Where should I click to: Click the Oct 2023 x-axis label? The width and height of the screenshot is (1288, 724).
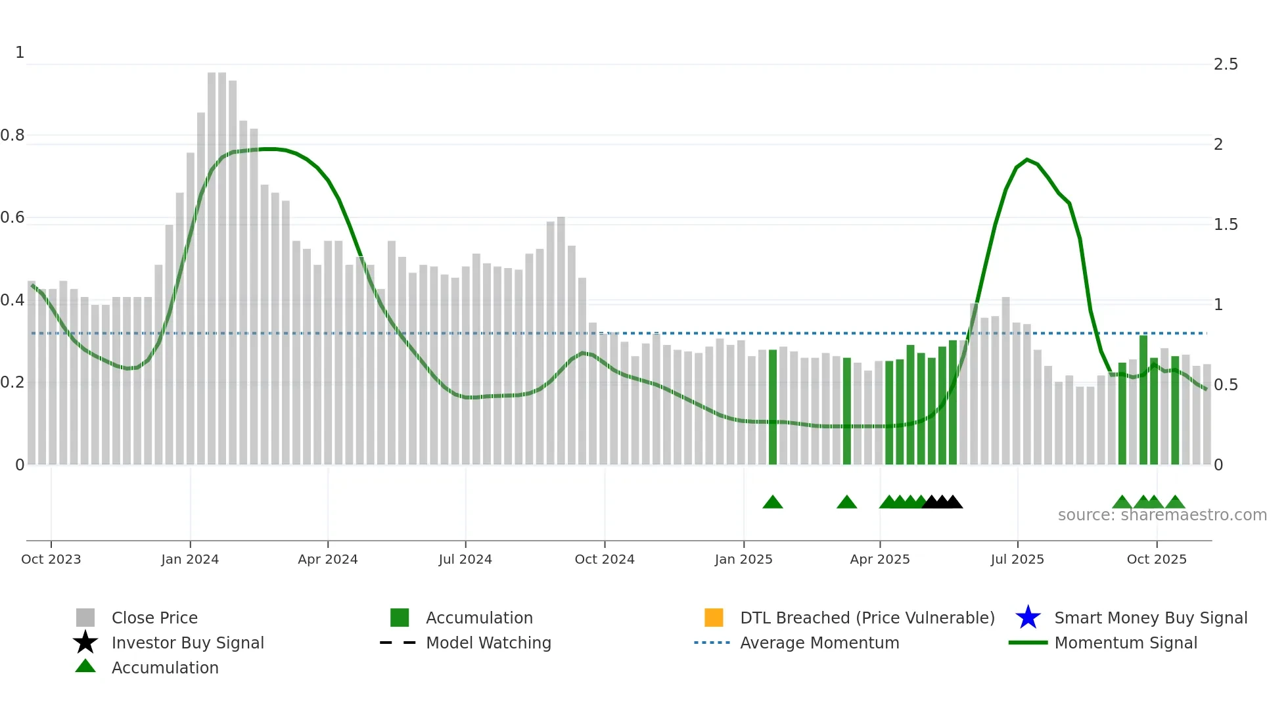(x=51, y=559)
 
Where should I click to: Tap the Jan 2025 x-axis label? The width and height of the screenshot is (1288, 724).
(x=743, y=559)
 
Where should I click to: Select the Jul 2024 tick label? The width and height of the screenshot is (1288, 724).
(x=465, y=559)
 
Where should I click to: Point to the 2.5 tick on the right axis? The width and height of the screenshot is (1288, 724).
(x=1226, y=64)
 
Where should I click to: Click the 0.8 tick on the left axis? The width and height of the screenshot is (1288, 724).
(x=12, y=135)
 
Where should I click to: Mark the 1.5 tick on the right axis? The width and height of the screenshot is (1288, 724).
(x=1226, y=225)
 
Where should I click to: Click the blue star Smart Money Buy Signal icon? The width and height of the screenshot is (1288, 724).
(x=1028, y=618)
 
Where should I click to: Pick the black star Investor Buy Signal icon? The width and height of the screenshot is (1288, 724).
(x=85, y=643)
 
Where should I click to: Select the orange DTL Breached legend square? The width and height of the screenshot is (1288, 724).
(x=714, y=618)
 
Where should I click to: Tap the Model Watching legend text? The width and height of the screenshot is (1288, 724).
(x=488, y=643)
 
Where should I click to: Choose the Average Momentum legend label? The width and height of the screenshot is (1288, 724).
(x=819, y=643)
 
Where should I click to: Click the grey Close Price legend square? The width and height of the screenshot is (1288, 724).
(x=85, y=618)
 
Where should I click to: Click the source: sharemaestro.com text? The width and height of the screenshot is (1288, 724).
(x=1162, y=515)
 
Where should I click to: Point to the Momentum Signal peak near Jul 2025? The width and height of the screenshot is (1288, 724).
(x=1027, y=160)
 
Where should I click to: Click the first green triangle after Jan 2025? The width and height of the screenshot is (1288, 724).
(x=773, y=503)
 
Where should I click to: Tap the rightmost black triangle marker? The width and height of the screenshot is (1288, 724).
(x=953, y=503)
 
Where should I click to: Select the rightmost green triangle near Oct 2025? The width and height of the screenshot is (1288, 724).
(x=1175, y=503)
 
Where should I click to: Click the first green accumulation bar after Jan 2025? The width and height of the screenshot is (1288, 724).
(x=773, y=407)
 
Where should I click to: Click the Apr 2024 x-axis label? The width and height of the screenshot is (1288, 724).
(x=327, y=559)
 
